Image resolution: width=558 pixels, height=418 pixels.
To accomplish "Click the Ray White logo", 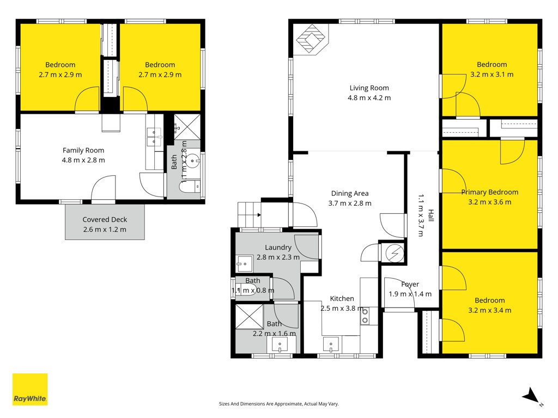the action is tap(30, 389).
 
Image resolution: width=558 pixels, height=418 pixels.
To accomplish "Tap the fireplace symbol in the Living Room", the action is tap(311, 39).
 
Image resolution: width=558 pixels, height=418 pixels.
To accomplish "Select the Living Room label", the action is tap(369, 88).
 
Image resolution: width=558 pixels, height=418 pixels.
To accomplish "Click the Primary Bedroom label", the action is tap(490, 192).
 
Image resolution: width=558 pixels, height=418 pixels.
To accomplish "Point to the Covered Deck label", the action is tap(105, 220).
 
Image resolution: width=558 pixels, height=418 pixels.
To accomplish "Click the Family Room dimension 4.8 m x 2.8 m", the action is tap(83, 161).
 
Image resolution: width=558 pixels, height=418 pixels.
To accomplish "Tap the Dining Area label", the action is tap(350, 193).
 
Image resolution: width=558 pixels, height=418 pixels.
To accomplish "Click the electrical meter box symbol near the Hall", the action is tap(395, 253).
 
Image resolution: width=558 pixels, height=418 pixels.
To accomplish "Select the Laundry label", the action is tap(278, 248).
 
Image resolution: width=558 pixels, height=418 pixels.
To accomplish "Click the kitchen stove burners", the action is tap(365, 316).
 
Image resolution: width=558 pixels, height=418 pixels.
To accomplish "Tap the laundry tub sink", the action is tap(244, 264).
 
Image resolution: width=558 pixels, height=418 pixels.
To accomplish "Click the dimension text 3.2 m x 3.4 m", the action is tap(490, 310).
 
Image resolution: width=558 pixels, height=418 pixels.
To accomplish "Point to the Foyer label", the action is tap(410, 284).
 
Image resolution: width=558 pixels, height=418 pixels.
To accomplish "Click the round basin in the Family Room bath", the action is tap(192, 161).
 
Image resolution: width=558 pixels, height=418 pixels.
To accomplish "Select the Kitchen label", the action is tap(342, 299).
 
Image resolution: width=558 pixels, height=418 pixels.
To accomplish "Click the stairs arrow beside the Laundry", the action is tap(259, 215).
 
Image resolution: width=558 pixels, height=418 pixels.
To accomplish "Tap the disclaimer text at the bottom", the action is tap(278, 404).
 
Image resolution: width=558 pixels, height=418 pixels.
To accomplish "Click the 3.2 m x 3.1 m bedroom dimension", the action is tap(492, 75).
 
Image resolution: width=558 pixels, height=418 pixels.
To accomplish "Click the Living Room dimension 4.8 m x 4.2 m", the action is tap(369, 98).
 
